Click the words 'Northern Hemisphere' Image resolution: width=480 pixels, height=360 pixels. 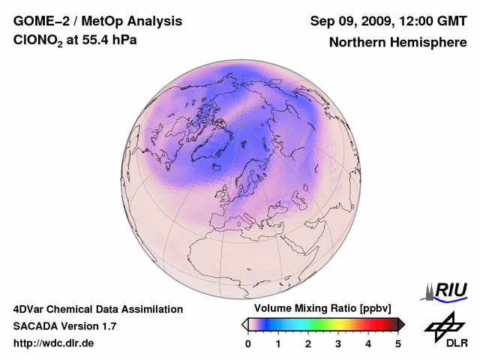(397, 43)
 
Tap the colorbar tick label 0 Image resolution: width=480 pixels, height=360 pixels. (248, 343)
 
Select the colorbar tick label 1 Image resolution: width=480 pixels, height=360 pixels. (278, 343)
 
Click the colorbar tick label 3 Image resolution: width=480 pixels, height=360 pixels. (338, 343)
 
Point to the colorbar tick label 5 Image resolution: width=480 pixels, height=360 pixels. (398, 343)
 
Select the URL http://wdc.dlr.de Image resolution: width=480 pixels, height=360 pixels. (54, 343)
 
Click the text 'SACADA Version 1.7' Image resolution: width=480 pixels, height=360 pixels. (64, 326)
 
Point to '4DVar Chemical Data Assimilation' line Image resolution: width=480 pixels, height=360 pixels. (97, 309)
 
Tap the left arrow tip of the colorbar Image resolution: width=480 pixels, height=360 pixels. (244, 324)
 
